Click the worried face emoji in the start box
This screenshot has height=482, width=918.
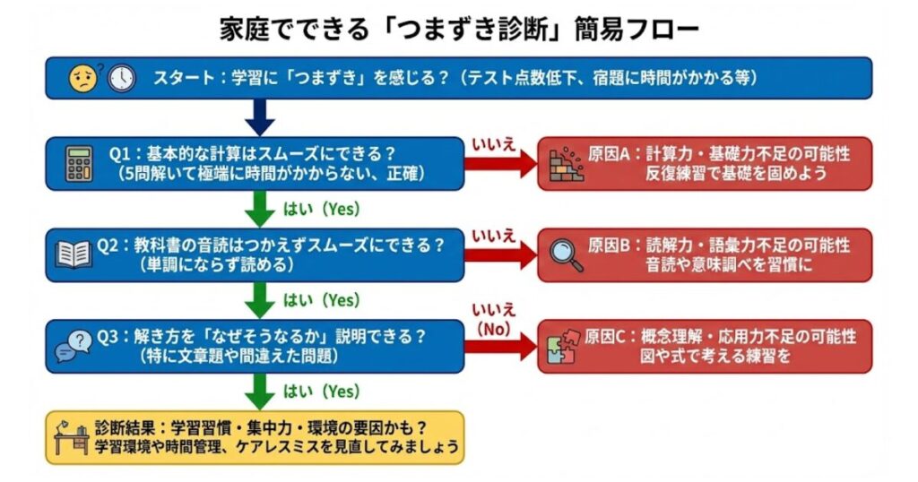[82, 79]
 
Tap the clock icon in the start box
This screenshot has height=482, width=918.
[121, 79]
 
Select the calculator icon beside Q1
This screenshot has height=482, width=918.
[79, 163]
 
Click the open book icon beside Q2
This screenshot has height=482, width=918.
[74, 254]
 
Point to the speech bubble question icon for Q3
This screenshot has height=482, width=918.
[73, 345]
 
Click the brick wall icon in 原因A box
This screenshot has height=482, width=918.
[566, 164]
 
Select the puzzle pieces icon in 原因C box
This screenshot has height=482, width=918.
[566, 345]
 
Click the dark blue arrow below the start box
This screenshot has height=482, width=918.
[259, 116]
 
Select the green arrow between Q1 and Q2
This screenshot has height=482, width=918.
[259, 208]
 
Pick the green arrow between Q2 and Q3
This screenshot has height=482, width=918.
[259, 299]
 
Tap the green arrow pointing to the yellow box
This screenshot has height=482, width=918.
[259, 392]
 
